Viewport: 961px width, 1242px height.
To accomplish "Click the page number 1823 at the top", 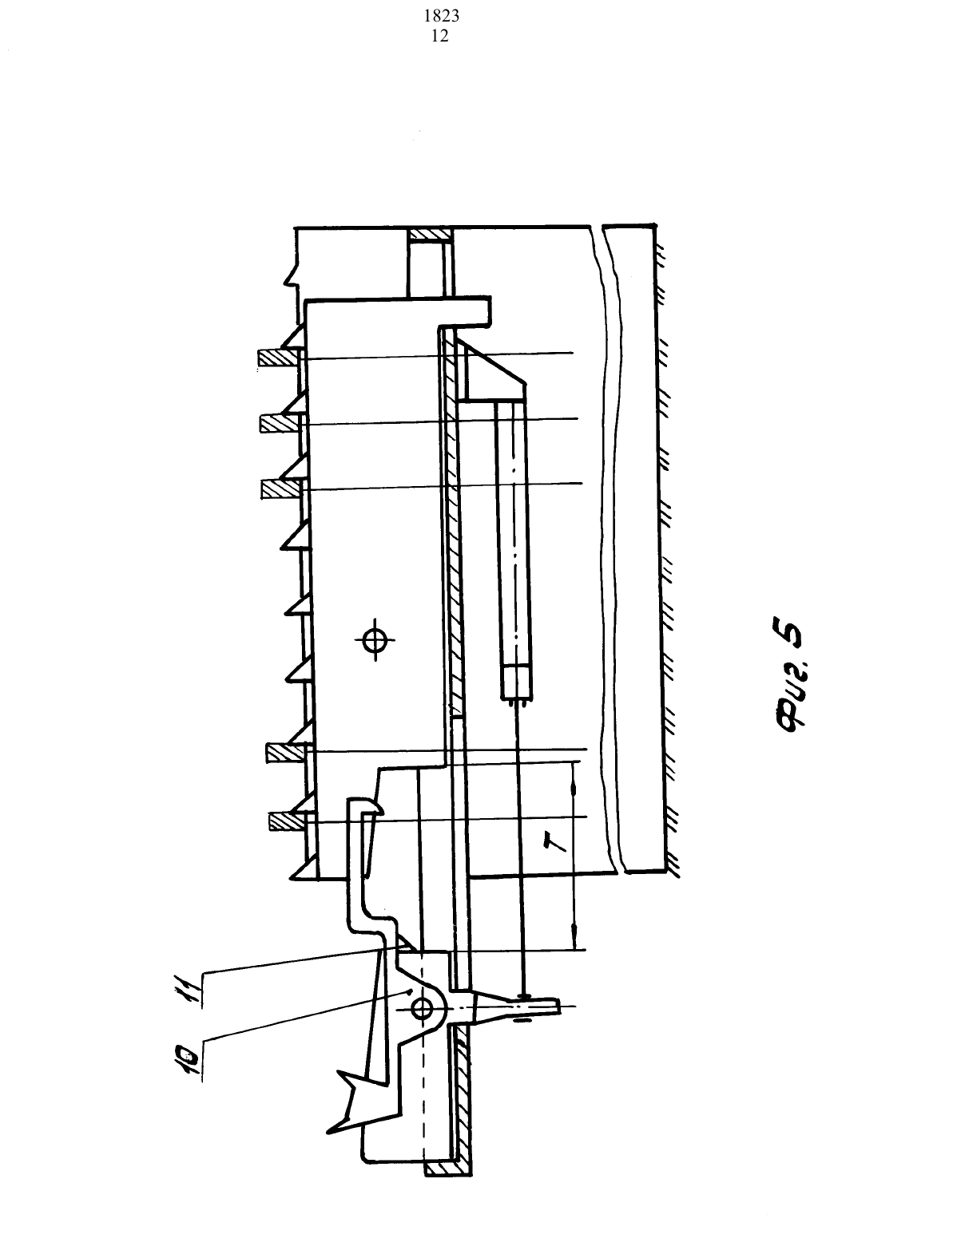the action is (x=441, y=16).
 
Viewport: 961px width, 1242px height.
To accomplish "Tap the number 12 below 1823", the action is (x=440, y=36).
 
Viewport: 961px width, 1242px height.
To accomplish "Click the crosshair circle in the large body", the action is (x=375, y=639).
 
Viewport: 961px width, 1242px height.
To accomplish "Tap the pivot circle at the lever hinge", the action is (x=422, y=1009).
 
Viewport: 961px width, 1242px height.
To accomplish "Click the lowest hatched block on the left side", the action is (x=287, y=822).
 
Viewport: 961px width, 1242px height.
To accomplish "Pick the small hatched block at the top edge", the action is (x=431, y=235).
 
